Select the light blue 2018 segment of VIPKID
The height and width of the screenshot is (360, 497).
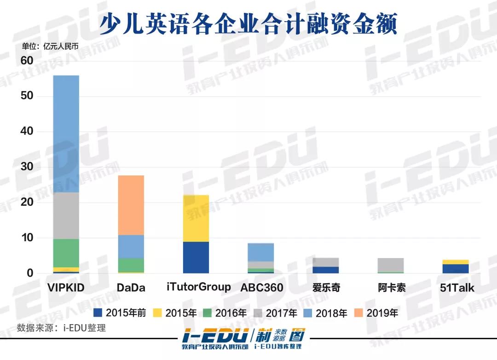click(66, 134)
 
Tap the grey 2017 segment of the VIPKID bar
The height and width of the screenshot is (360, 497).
click(66, 215)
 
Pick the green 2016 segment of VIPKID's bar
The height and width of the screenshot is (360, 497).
click(66, 253)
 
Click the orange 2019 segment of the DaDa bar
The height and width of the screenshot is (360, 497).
click(131, 205)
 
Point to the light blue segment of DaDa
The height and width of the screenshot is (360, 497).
click(131, 246)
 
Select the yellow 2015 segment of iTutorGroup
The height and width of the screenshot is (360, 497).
click(196, 218)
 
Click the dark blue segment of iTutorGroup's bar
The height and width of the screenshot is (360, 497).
click(196, 257)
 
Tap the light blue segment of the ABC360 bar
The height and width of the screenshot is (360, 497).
click(261, 252)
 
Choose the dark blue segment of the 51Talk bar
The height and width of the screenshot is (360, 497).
click(456, 268)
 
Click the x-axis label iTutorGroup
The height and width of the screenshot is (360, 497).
click(198, 287)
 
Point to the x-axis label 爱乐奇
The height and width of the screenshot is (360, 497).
click(326, 288)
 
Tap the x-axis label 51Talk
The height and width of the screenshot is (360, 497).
click(457, 288)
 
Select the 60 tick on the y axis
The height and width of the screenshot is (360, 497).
click(27, 61)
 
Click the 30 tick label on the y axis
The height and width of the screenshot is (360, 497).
click(27, 167)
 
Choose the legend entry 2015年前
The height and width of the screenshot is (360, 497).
click(120, 313)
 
